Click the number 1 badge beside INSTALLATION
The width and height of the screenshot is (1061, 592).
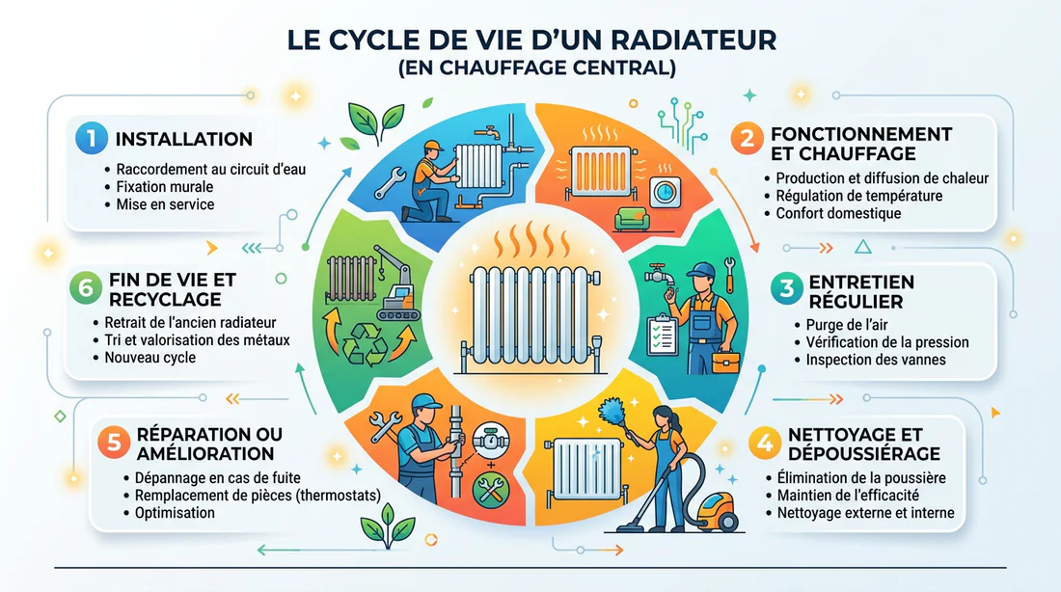tap(92, 138)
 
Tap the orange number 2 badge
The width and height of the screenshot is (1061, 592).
tap(747, 139)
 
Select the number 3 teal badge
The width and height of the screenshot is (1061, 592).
tap(786, 289)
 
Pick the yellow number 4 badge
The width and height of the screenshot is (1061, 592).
tap(765, 444)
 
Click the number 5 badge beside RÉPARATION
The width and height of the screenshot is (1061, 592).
tap(113, 443)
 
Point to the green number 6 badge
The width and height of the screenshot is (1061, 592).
tap(86, 288)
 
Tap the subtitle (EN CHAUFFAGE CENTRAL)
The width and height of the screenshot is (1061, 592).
tap(536, 68)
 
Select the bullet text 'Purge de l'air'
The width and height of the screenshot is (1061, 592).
tap(847, 325)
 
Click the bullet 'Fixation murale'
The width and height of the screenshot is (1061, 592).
tap(164, 187)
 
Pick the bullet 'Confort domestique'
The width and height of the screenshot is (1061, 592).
tap(838, 214)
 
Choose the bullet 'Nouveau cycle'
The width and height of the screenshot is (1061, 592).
tap(150, 358)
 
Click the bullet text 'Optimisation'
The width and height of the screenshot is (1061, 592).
tap(175, 513)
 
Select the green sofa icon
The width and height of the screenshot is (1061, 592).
tap(632, 219)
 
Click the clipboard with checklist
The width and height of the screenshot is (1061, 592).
tap(662, 335)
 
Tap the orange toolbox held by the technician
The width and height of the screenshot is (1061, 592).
tap(724, 361)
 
